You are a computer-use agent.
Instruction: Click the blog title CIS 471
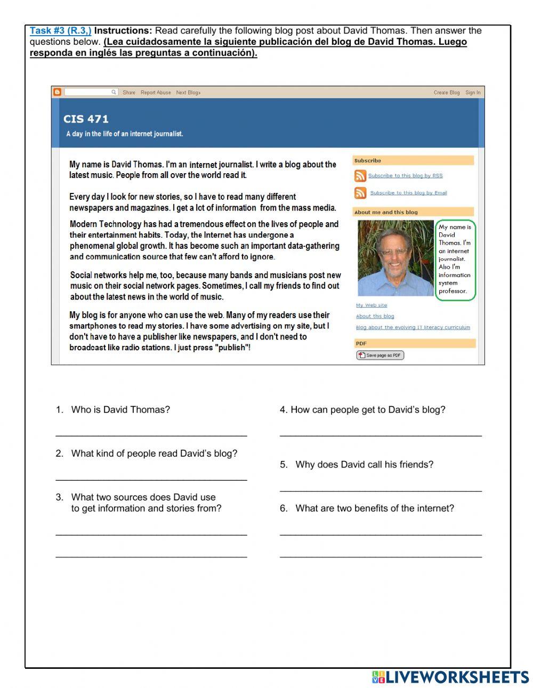point(86,119)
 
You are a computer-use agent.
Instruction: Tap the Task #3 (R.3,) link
point(60,31)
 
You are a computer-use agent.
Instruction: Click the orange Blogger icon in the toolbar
point(57,92)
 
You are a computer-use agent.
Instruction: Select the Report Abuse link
point(156,93)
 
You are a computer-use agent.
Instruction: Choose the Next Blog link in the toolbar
point(188,93)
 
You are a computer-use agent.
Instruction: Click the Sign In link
point(473,93)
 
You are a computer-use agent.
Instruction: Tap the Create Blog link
point(446,93)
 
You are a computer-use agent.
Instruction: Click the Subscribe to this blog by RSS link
point(405,176)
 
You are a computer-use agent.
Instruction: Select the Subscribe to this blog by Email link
point(408,193)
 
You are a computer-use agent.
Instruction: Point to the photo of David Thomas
point(395,258)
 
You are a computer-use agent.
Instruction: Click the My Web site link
point(372,305)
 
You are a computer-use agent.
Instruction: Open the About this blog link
point(375,316)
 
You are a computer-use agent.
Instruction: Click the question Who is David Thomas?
point(120,410)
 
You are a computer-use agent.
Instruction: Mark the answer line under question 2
point(151,478)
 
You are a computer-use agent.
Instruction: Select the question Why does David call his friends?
point(364,465)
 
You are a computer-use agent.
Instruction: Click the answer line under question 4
point(381,434)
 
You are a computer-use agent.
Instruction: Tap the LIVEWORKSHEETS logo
point(450,677)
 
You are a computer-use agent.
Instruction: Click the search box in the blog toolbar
point(91,92)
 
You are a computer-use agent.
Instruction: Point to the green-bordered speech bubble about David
point(455,260)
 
